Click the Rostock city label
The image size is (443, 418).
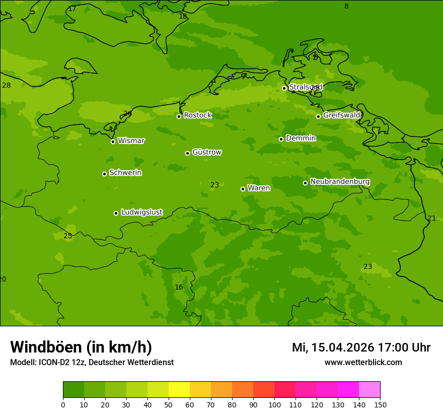point(197,115)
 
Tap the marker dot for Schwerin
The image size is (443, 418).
point(104,174)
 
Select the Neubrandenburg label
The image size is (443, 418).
point(340,181)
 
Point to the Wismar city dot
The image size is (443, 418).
point(113,142)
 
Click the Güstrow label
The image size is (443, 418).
point(206,152)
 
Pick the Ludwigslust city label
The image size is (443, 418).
point(141,212)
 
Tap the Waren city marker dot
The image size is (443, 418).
point(243,189)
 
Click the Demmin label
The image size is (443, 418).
point(301,138)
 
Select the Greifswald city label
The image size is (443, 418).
point(341,115)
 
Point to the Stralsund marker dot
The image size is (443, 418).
point(284,88)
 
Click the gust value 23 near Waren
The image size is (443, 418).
point(214,185)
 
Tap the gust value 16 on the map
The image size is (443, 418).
point(179,287)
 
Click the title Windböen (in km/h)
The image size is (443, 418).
point(81,347)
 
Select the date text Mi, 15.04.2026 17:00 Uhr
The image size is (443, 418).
point(361,347)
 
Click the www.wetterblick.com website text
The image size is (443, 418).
point(363,362)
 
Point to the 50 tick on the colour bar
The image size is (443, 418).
point(169,404)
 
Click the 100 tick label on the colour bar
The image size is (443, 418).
point(274,404)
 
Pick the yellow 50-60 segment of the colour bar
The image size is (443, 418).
point(179,390)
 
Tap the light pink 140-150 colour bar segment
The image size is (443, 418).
point(370,390)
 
